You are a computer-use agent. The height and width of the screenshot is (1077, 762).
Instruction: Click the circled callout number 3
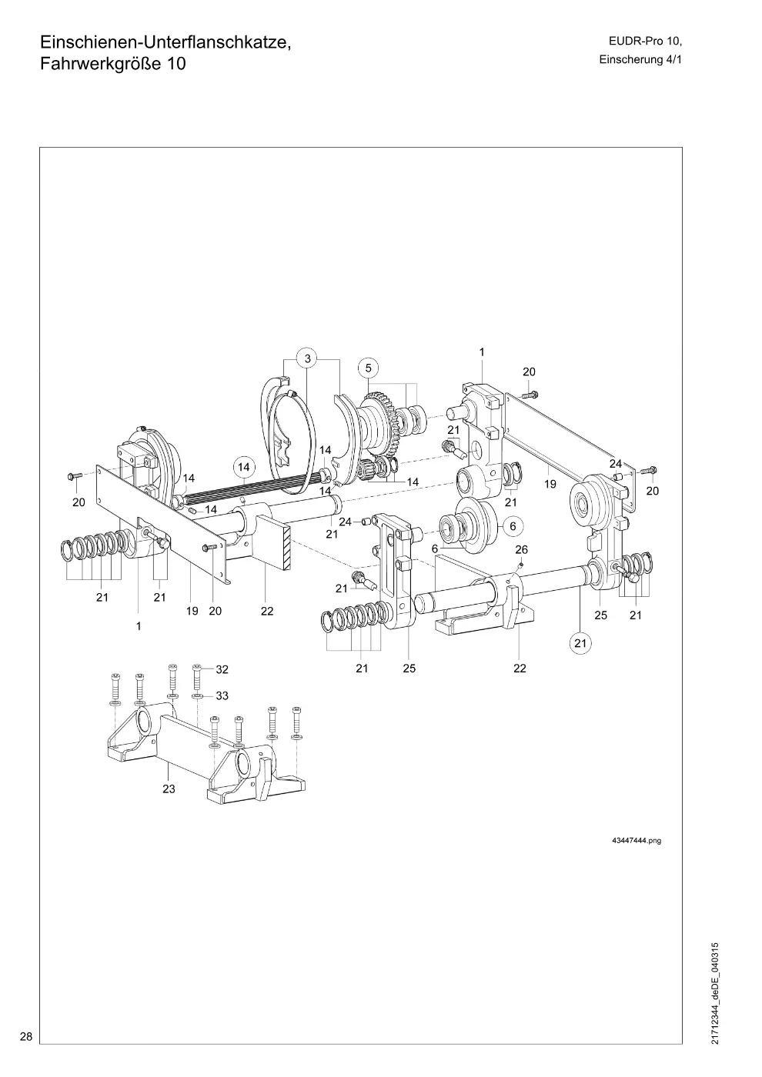point(308,358)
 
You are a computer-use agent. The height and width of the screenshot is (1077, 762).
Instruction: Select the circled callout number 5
point(369,368)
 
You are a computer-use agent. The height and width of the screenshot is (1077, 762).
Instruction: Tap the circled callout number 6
point(513,526)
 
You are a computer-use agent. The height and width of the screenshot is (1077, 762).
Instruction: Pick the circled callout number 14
point(244,467)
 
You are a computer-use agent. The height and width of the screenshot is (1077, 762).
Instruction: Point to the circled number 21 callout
point(580,643)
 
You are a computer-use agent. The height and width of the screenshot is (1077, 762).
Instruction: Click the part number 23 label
point(169,789)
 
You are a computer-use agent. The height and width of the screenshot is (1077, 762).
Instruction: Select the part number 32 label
point(222,669)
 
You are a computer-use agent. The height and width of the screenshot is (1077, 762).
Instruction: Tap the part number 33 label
point(222,695)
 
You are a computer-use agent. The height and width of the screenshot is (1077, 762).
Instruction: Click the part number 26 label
point(522,549)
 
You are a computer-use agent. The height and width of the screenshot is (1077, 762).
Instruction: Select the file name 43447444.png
point(637,840)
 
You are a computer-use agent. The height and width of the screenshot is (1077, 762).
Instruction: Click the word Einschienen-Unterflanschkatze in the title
point(166,42)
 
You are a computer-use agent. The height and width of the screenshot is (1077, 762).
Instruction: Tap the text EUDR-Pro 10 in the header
point(646,42)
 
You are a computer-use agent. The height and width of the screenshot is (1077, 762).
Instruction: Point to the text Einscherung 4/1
point(640,60)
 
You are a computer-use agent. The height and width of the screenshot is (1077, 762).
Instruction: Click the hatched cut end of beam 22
point(288,548)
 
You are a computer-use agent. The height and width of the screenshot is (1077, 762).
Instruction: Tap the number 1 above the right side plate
point(482,352)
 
